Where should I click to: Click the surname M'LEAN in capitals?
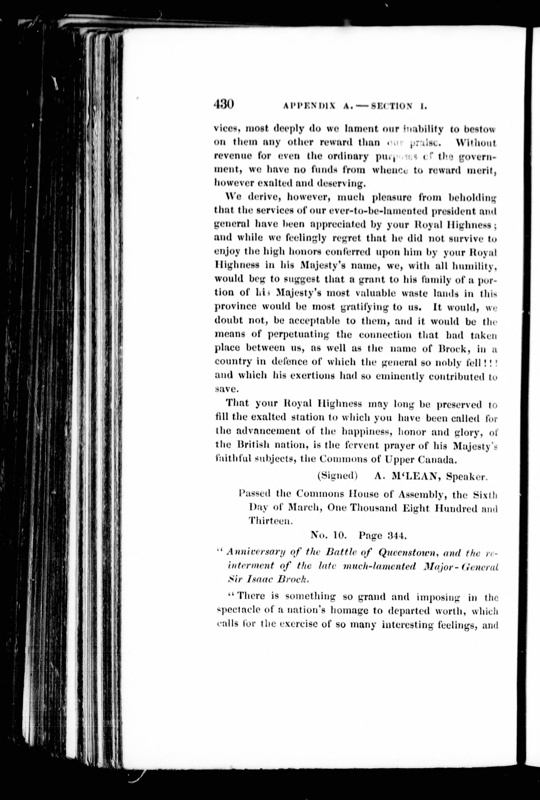414,476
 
